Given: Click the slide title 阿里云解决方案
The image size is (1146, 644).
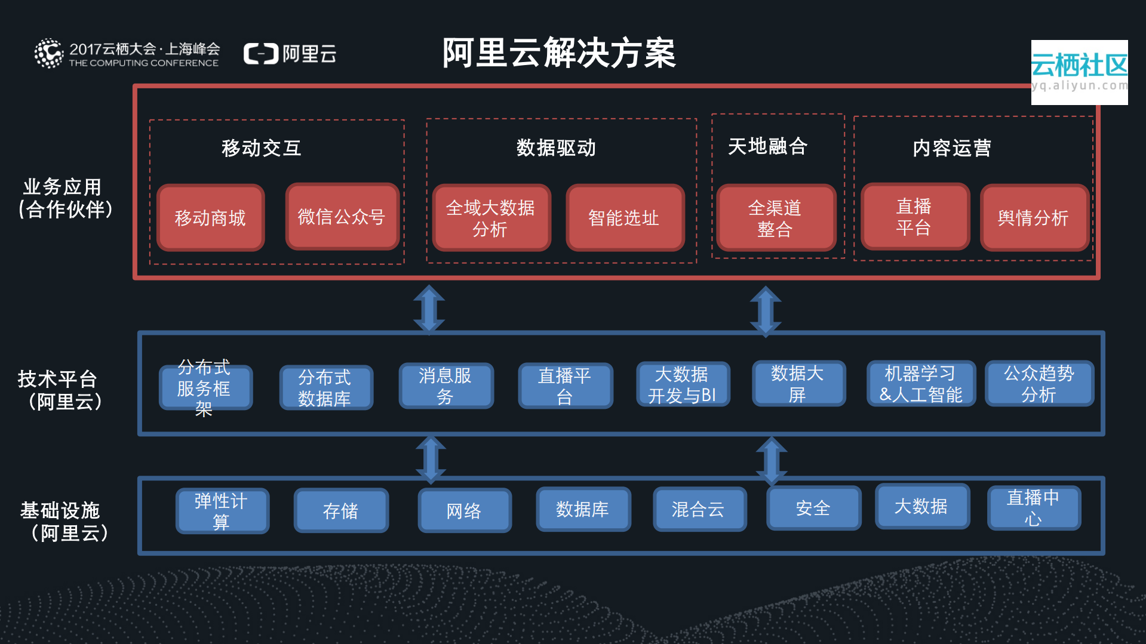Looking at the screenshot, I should (x=558, y=53).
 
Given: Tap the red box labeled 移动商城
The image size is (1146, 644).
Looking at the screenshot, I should (x=210, y=218).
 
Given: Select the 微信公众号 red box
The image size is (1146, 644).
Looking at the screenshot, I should (x=342, y=217).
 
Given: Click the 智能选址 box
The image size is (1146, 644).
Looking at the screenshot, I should (x=624, y=218).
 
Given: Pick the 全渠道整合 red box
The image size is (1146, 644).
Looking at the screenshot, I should (x=775, y=218).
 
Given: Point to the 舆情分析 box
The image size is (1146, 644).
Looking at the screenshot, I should (x=1034, y=218).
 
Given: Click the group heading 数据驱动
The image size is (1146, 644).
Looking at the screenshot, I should (x=556, y=147).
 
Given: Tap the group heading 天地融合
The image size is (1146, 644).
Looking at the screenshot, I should (x=767, y=146).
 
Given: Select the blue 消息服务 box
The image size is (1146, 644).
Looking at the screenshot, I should (x=446, y=386).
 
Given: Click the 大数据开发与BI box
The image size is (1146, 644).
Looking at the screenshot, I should (x=682, y=384).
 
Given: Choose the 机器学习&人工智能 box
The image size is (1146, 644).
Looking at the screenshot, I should (x=920, y=384).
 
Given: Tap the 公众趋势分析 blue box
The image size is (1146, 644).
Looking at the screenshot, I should (x=1039, y=384).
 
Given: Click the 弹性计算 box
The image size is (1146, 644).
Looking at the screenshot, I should (x=222, y=510).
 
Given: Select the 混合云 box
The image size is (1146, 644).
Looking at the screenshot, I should (x=699, y=509).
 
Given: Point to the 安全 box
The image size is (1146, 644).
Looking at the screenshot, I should (x=813, y=508).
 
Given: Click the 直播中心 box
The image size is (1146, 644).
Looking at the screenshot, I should (x=1033, y=507).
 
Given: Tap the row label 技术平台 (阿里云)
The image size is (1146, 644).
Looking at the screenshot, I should (x=60, y=390).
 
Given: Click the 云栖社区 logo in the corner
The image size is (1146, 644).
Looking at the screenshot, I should (x=1079, y=72).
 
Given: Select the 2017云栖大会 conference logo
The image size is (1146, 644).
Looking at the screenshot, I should (x=127, y=54).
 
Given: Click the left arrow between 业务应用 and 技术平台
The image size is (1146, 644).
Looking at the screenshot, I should (x=429, y=309).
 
